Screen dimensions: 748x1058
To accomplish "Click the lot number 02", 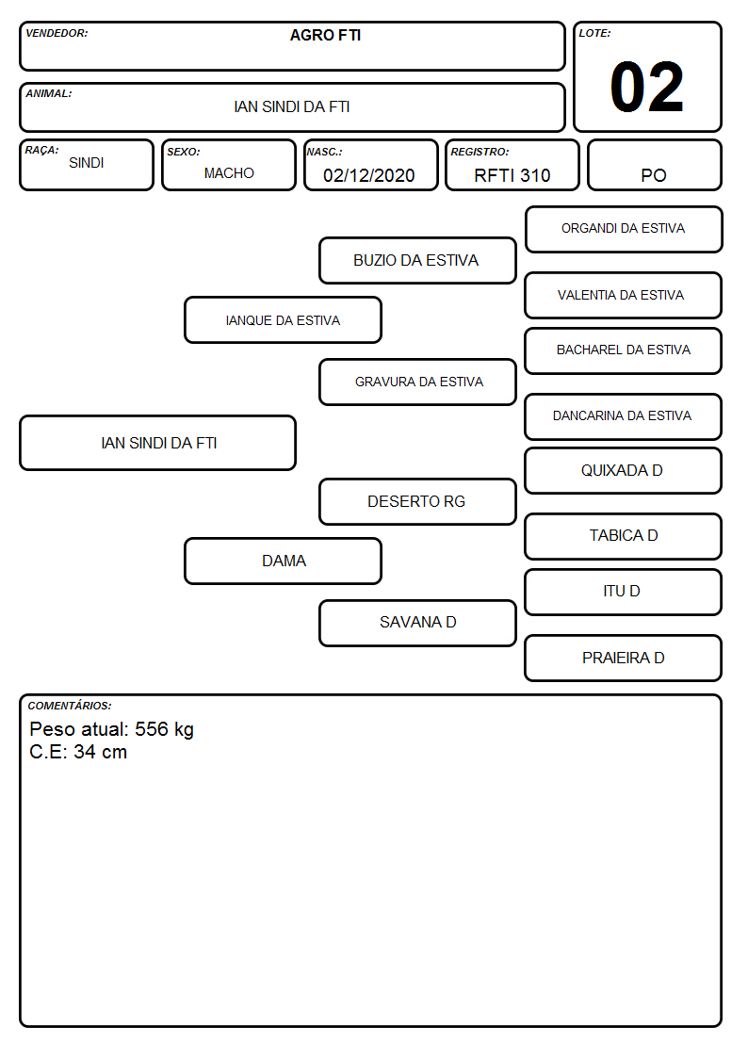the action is coord(647,87).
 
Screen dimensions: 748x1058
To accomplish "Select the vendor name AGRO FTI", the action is coord(325,35).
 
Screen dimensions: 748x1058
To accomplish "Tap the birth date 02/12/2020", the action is coord(369,175).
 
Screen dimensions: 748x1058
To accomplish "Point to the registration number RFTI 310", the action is coord(512,175).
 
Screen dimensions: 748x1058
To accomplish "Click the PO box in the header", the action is coord(654,165).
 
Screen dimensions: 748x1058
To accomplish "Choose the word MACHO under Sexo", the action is coord(229,173).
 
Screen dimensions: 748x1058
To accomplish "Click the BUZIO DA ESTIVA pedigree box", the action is coord(417,260).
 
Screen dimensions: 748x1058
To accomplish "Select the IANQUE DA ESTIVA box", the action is coord(284,319).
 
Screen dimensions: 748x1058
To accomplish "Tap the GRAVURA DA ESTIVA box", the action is coord(417,382).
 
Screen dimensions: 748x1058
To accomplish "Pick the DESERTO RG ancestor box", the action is coord(417,501).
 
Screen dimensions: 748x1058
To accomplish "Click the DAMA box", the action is coord(284,561).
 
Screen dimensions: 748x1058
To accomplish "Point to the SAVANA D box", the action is coord(417,623).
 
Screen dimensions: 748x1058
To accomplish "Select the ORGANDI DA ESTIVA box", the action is coord(624,230).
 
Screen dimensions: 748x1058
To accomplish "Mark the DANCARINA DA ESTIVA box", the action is coord(624,416).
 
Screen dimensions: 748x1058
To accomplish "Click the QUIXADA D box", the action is coord(624,470).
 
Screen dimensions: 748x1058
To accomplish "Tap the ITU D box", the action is coord(624,592).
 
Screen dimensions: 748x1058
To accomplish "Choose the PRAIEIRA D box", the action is coord(624,658).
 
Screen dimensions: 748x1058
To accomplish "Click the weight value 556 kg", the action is coord(164,729).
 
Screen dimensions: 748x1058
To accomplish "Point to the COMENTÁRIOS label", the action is coord(70,706).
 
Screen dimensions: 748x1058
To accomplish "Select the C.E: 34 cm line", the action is coord(78,752).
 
